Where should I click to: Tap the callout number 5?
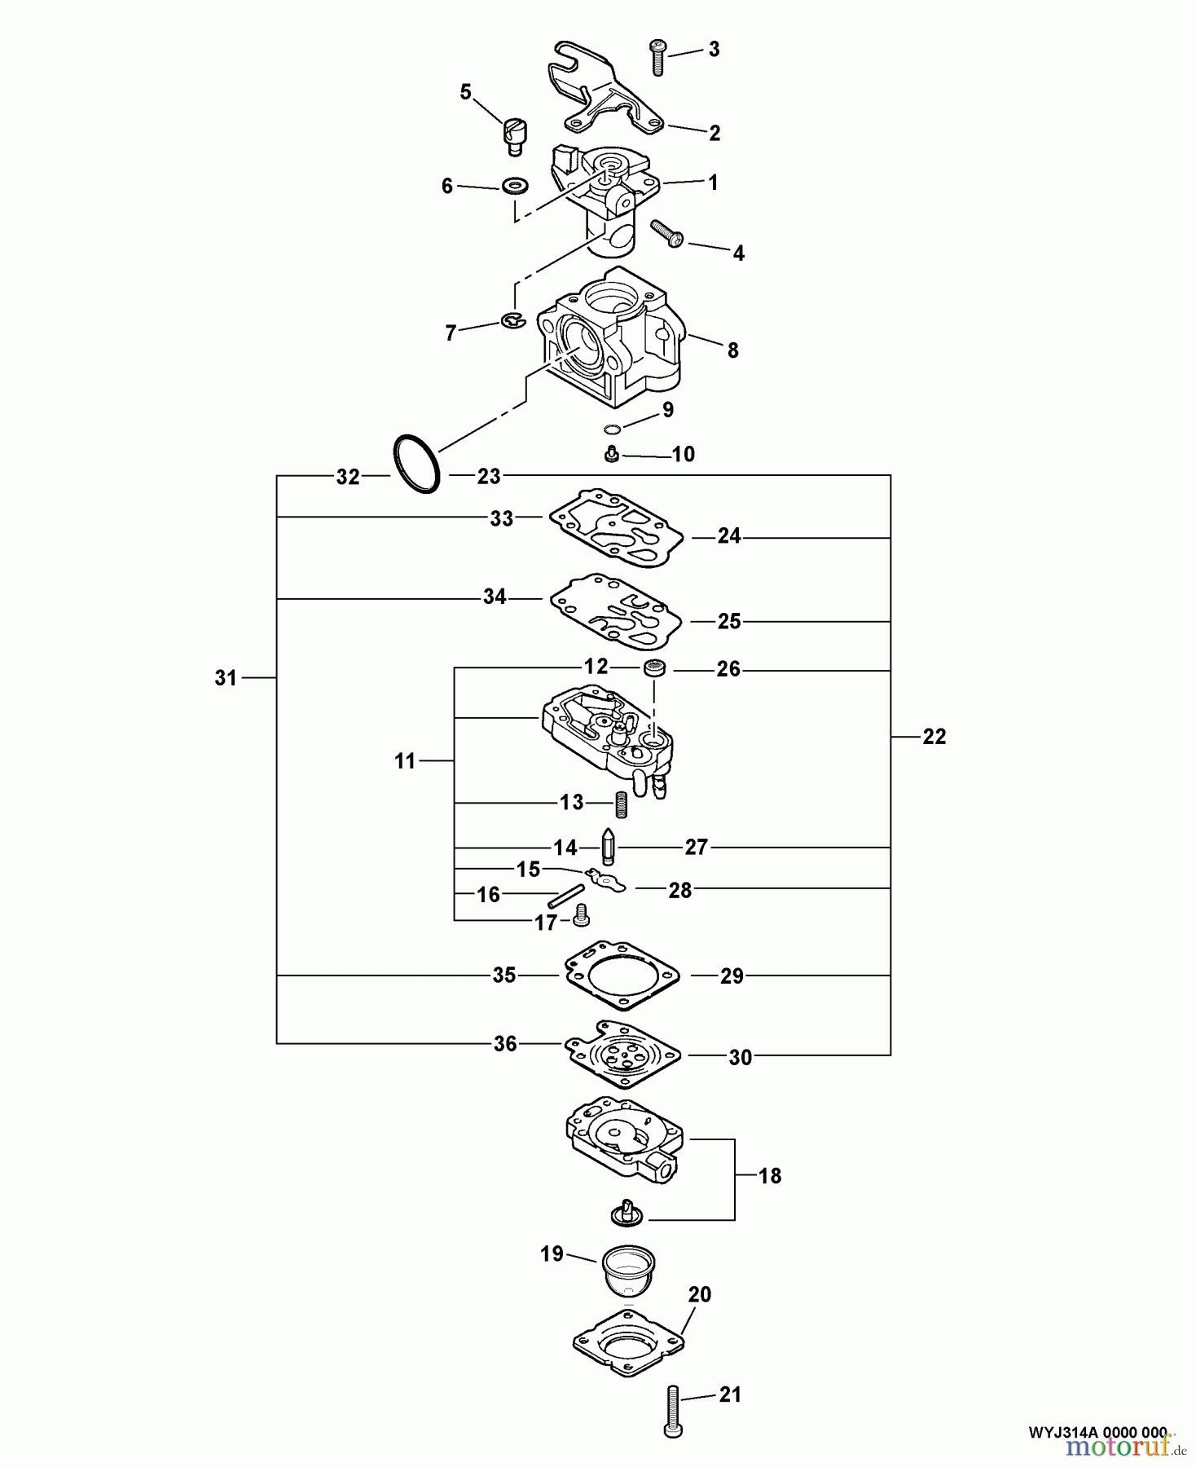465,92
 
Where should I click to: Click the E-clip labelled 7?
512,321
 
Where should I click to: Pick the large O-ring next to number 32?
417,463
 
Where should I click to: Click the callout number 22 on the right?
934,737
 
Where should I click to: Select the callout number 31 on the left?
226,677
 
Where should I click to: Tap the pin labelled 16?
567,897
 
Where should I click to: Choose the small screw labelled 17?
581,915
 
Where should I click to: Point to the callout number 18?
769,1176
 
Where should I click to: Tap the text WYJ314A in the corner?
1058,1432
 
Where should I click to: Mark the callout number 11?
405,761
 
